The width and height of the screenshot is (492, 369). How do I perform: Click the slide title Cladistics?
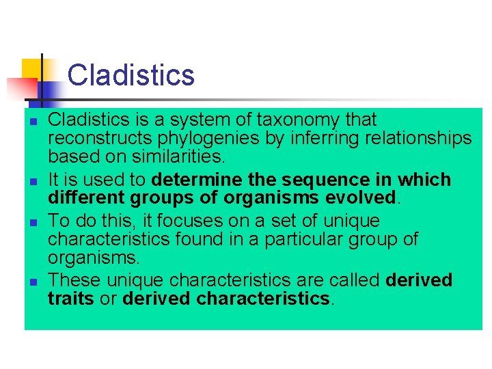(x=131, y=75)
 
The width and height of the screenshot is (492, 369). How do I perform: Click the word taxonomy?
(x=299, y=120)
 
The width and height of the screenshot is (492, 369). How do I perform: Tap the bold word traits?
(x=70, y=299)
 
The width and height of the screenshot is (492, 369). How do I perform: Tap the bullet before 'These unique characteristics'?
(x=32, y=282)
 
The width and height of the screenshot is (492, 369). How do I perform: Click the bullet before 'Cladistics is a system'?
(x=32, y=121)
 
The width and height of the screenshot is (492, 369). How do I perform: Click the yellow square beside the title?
(x=31, y=68)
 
